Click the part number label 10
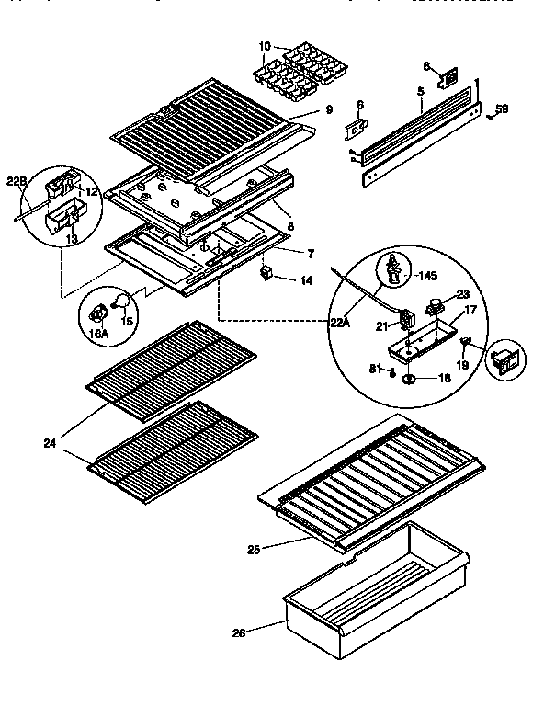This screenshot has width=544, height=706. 264,46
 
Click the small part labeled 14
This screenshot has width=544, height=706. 267,272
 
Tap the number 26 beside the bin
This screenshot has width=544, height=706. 237,632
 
